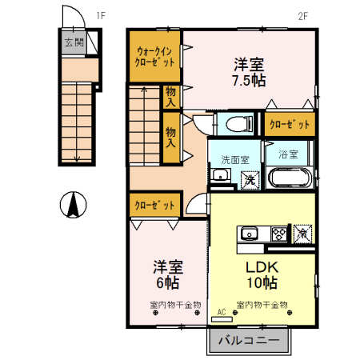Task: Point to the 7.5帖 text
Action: [248, 81]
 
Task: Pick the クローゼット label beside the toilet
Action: [290, 124]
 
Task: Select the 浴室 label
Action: [288, 152]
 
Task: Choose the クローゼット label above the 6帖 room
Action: [155, 206]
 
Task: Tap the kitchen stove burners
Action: [280, 234]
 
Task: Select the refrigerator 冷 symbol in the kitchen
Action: [302, 234]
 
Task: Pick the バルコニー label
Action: [250, 340]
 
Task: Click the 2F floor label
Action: [302, 14]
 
